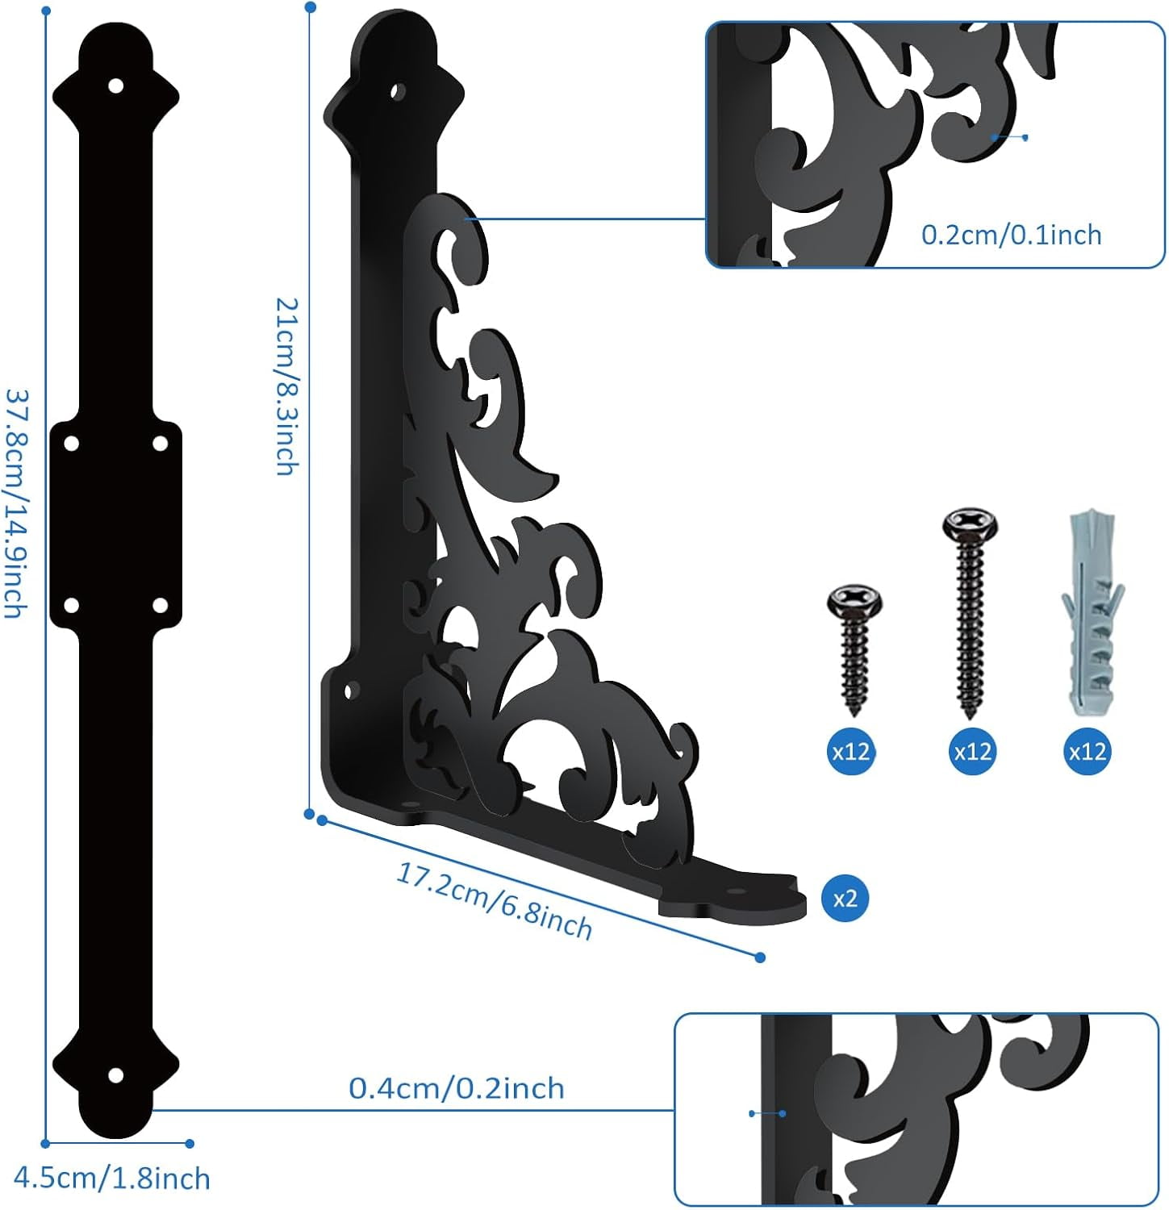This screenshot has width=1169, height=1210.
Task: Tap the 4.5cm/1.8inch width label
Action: coord(112,1179)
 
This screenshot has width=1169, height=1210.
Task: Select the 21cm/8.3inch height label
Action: coord(287,386)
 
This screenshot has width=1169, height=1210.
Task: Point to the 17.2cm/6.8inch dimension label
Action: coord(494,900)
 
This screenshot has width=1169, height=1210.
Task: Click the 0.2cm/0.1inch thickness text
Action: coord(1011,235)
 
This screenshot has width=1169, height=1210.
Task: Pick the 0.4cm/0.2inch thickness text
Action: coord(456,1088)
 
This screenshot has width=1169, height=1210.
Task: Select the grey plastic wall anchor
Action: coord(1091,613)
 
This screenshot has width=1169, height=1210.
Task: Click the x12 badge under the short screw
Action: coord(850,752)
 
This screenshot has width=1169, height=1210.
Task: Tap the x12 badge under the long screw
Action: coord(972,752)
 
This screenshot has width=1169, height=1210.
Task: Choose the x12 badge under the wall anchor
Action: coord(1087,752)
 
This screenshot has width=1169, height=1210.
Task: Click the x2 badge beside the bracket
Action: coord(845,899)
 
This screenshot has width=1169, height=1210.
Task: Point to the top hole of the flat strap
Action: coord(116,86)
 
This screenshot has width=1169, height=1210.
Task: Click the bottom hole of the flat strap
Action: coord(116,1074)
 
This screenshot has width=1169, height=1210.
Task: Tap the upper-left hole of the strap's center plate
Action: coord(71,443)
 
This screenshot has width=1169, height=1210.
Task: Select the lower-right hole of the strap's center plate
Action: coord(160,604)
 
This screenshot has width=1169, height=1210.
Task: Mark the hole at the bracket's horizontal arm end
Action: coord(736,894)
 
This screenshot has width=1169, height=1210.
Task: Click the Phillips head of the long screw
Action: coord(971,523)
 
